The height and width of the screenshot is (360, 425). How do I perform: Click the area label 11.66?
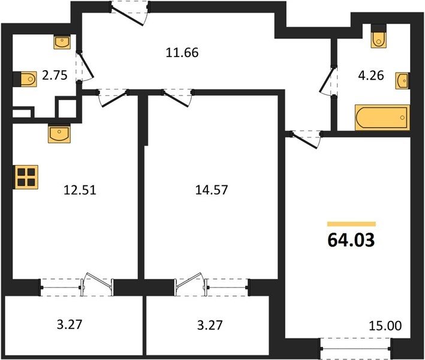(x=182, y=52)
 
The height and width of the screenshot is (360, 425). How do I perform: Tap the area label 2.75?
(x=55, y=75)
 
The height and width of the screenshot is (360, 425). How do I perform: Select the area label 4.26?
(x=371, y=76)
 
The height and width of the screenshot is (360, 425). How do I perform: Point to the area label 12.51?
(x=80, y=190)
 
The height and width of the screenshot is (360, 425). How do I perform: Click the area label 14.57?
(x=212, y=190)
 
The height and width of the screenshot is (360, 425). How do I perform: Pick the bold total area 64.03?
(x=351, y=240)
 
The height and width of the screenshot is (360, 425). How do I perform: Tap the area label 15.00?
(x=385, y=326)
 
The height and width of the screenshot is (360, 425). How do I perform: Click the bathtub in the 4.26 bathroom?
(x=382, y=118)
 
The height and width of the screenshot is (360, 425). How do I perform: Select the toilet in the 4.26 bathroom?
(x=379, y=36)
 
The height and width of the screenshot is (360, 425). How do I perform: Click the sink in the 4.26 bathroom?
(x=402, y=80)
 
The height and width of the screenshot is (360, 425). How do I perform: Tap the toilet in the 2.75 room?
(x=25, y=79)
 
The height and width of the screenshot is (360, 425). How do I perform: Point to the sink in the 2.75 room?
(x=62, y=42)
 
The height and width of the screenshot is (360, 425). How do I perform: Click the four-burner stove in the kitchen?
(x=26, y=177)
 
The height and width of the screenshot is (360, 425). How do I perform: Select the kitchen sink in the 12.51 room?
(x=59, y=133)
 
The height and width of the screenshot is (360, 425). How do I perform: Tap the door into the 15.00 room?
(x=306, y=140)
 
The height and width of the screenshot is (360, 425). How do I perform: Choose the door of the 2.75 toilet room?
(x=85, y=66)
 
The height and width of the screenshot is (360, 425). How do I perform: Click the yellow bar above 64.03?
(x=351, y=224)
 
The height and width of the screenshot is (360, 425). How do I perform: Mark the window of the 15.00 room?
(x=355, y=349)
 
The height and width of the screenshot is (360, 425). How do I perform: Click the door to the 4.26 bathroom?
(x=328, y=81)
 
